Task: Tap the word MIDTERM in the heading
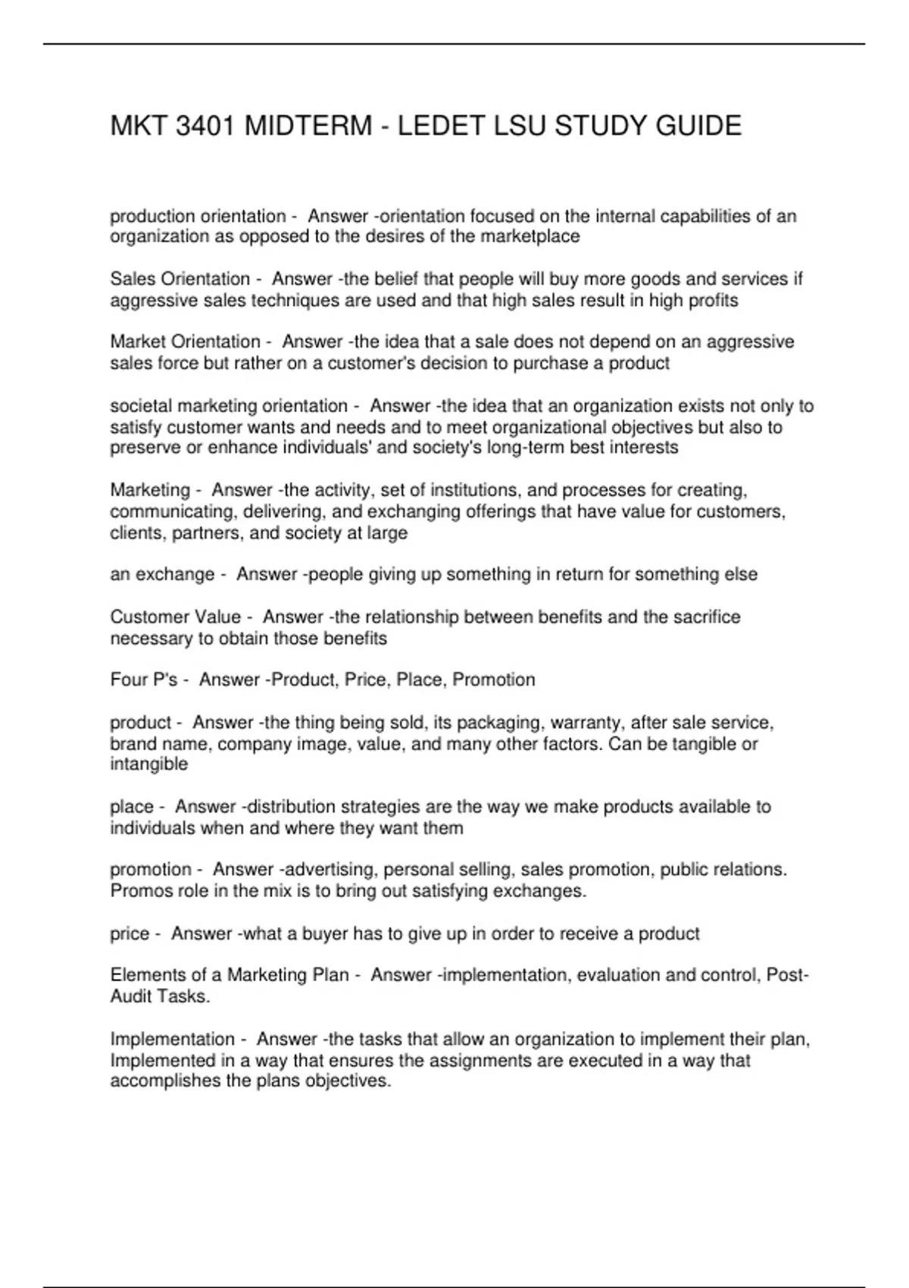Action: (x=308, y=126)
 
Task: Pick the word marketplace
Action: (x=530, y=237)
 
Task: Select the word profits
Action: (x=714, y=301)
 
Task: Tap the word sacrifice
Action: (x=704, y=617)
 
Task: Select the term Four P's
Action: (x=144, y=680)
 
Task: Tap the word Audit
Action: (x=136, y=997)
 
